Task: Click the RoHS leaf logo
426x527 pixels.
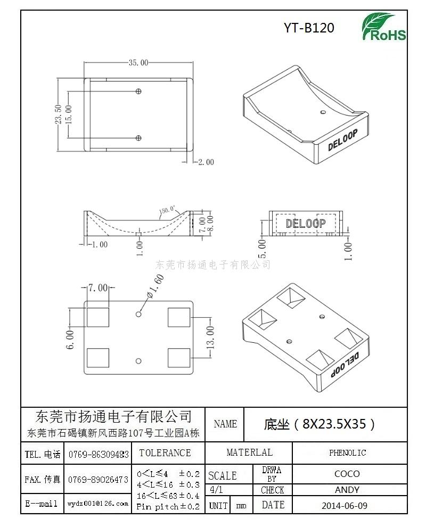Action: [x=383, y=27]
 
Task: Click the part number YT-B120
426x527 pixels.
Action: [x=309, y=28]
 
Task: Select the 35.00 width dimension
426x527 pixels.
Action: [x=138, y=63]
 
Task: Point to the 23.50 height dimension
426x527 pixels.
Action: [x=58, y=114]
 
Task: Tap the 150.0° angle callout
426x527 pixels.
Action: [x=167, y=210]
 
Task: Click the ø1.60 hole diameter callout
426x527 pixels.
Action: [x=155, y=286]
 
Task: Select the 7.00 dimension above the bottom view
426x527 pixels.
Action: [x=98, y=287]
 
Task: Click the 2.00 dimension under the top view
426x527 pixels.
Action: [x=206, y=162]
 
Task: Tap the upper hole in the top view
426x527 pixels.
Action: [x=138, y=91]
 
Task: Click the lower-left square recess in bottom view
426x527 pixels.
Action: [x=98, y=358]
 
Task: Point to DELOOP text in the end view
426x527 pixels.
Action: [x=306, y=224]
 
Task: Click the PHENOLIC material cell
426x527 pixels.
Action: [x=347, y=452]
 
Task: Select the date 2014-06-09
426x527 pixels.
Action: [x=345, y=506]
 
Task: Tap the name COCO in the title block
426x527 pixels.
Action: [x=347, y=474]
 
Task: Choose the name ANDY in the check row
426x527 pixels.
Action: [x=347, y=490]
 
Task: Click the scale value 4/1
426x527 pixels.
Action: [x=216, y=489]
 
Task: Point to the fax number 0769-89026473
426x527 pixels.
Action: [x=98, y=480]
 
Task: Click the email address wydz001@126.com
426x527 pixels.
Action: [x=98, y=504]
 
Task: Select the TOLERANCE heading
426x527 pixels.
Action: [x=165, y=452]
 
